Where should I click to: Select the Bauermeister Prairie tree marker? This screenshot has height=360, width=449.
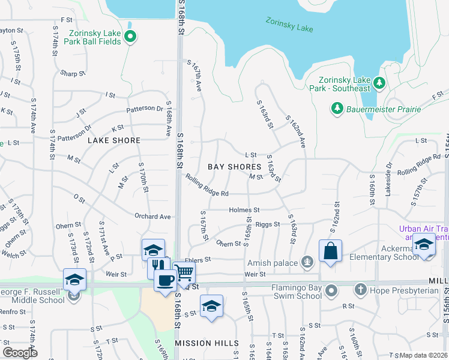(x=336, y=109)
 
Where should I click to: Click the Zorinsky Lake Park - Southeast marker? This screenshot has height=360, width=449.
(x=379, y=82)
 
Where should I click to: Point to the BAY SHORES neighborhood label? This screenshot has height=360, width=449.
(x=235, y=167)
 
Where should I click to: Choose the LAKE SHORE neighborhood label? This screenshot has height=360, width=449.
(x=114, y=140)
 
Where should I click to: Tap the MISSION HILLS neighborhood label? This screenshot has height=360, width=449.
(x=206, y=343)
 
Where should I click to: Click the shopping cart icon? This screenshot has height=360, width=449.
(x=184, y=274)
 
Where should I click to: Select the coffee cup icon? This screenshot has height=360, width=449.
(x=165, y=279)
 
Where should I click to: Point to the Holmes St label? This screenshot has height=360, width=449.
(x=244, y=210)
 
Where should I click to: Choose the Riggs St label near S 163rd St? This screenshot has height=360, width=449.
(x=268, y=224)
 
